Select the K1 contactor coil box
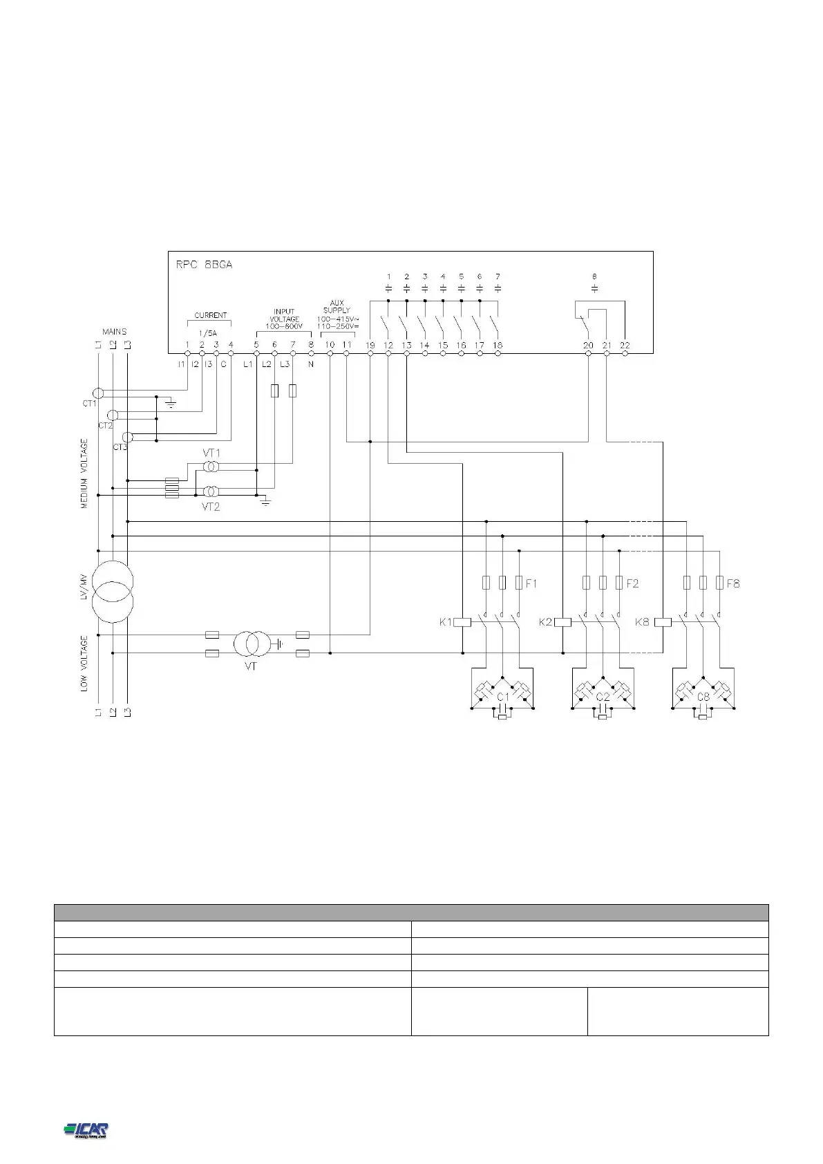tap(462, 622)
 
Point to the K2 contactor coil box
tap(562, 622)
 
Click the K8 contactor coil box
tap(663, 622)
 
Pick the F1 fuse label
tap(531, 584)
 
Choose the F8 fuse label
tap(733, 584)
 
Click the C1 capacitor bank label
tap(503, 697)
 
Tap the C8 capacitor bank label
tap(703, 697)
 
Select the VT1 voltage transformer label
tap(211, 453)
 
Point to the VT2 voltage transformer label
tap(211, 507)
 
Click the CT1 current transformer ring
tap(99, 393)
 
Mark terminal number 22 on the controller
tap(625, 345)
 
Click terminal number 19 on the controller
tap(370, 345)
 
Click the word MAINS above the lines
tap(115, 332)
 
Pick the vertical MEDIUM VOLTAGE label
tap(85, 473)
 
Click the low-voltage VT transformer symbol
tap(251, 644)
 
